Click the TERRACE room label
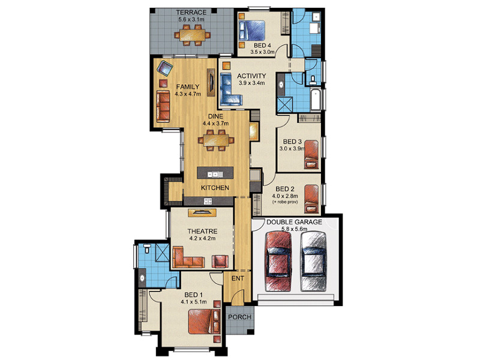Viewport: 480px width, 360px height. [x=191, y=13]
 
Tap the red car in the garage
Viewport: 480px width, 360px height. [x=278, y=261]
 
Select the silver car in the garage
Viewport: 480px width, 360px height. [x=313, y=261]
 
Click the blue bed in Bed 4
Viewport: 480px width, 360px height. [x=251, y=30]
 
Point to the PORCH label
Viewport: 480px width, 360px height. [x=239, y=317]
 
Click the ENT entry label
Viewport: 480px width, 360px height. [x=238, y=278]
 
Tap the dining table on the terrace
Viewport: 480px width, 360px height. [x=193, y=35]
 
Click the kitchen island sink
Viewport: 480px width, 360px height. [x=215, y=175]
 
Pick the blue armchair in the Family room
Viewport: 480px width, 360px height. [x=164, y=68]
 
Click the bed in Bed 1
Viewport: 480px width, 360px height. [x=204, y=322]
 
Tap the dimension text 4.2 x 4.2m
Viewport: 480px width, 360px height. [x=202, y=238]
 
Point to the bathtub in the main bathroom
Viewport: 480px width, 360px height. [x=315, y=100]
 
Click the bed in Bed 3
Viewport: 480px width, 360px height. [x=311, y=155]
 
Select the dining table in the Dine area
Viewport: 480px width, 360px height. [x=216, y=140]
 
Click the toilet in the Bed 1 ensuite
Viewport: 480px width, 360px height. [x=147, y=248]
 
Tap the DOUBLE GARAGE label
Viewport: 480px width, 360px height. [x=294, y=222]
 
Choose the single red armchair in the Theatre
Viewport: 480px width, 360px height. [x=220, y=262]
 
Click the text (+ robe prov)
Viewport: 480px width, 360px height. [x=285, y=202]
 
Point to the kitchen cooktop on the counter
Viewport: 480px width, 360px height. [x=208, y=201]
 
